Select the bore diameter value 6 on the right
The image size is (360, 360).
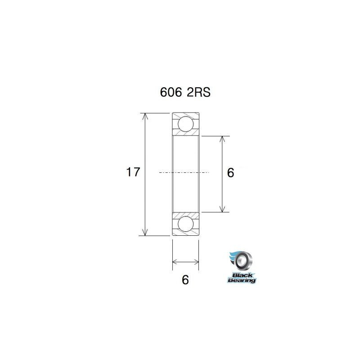(231, 173)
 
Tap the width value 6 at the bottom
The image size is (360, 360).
(185, 279)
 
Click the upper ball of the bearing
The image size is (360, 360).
(185, 124)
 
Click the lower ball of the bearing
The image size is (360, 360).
(185, 224)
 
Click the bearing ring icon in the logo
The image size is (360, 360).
(244, 260)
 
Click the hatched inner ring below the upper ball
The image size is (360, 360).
(185, 134)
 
